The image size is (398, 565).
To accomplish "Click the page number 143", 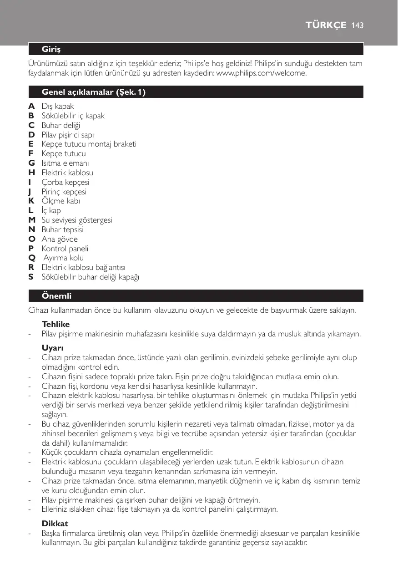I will (x=358, y=26).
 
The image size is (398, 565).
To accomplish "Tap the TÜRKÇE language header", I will (x=326, y=26).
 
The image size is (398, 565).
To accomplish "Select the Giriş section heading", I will (x=51, y=48).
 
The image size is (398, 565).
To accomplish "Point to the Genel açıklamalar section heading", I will (x=94, y=92).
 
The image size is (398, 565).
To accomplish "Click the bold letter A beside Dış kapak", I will (x=31, y=106).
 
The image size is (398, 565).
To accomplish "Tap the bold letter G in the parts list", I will (x=31, y=163).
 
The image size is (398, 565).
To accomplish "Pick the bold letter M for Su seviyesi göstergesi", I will (x=32, y=220).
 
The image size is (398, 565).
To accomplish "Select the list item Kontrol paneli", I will (x=65, y=249).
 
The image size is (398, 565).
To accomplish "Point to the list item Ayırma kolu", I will (x=64, y=258).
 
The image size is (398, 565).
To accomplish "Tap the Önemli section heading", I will (x=56, y=296).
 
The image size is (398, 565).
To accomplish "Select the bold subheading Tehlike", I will (x=55, y=325).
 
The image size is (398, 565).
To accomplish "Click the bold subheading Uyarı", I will (x=52, y=348).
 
